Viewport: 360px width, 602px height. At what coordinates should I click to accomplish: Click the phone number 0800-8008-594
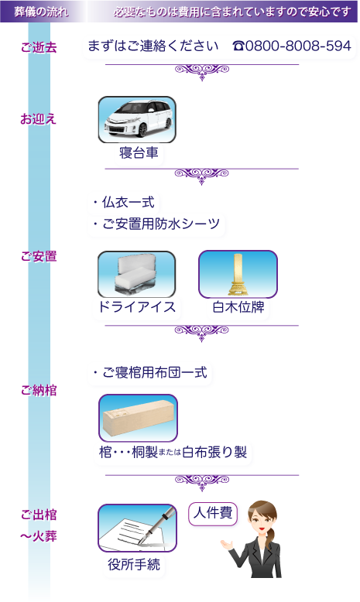pyautogui.click(x=292, y=46)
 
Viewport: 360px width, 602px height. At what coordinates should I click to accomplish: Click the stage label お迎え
pyautogui.click(x=39, y=119)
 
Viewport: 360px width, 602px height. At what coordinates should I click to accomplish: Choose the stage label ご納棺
pyautogui.click(x=39, y=391)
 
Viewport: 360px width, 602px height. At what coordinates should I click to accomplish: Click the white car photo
pyautogui.click(x=137, y=119)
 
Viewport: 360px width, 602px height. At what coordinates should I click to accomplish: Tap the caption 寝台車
pyautogui.click(x=139, y=153)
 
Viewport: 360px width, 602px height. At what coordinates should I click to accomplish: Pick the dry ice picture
pyautogui.click(x=136, y=274)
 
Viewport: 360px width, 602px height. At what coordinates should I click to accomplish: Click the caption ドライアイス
pyautogui.click(x=137, y=308)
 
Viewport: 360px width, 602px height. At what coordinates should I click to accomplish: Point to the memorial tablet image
pyautogui.click(x=238, y=274)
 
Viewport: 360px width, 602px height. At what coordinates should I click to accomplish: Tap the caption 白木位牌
pyautogui.click(x=238, y=308)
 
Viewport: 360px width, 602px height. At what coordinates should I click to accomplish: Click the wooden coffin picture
pyautogui.click(x=138, y=418)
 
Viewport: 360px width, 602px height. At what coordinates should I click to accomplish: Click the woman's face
pyautogui.click(x=262, y=519)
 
